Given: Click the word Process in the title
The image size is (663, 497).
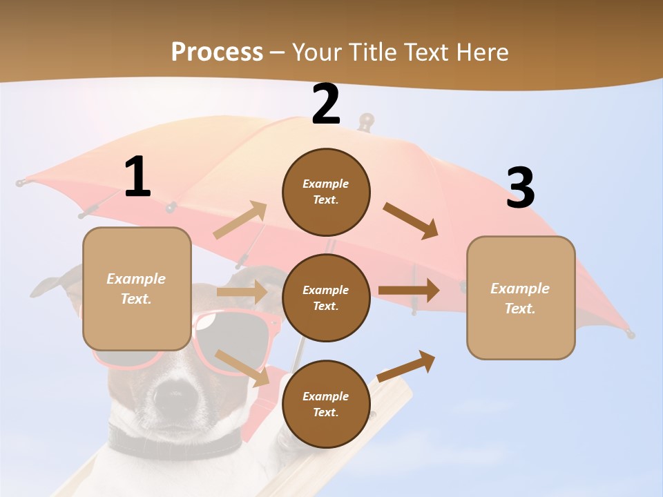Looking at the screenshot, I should (x=217, y=52).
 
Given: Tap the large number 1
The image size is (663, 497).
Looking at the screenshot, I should (x=137, y=177).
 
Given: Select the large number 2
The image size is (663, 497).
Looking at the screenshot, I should (x=326, y=104).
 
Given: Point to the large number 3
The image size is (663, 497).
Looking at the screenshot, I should (x=520, y=188).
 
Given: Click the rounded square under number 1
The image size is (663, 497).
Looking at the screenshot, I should (x=137, y=289).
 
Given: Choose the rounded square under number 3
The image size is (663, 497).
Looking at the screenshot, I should (x=521, y=298).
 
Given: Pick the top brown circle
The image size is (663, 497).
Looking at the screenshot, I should (x=326, y=192).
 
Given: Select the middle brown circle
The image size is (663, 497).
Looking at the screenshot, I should (x=326, y=298).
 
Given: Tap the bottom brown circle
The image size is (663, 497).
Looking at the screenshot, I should (x=326, y=404).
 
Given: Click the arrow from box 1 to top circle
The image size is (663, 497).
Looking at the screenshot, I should (x=240, y=220).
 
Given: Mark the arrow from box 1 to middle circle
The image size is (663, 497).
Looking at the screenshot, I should (x=242, y=292).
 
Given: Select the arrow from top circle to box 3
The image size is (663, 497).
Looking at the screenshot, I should (x=411, y=221).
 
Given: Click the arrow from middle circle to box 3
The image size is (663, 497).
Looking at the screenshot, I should (x=409, y=291).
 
